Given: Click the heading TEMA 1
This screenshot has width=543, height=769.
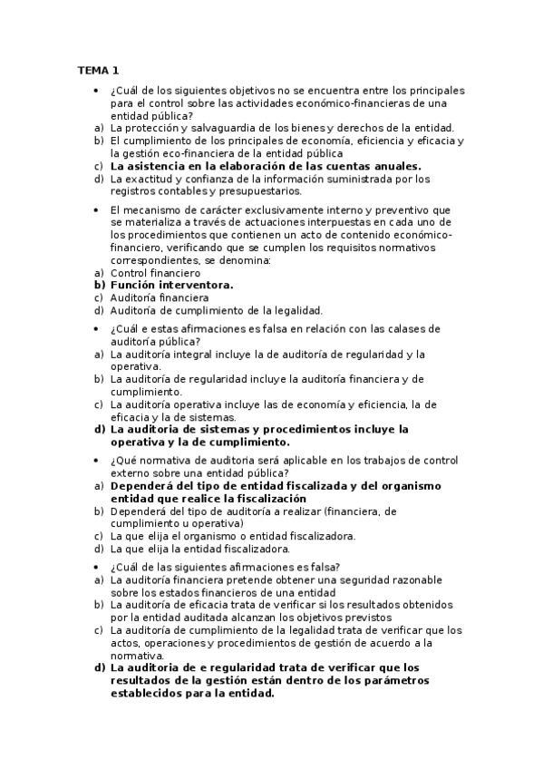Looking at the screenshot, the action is [97, 70].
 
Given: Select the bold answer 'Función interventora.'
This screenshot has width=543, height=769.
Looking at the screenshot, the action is [171, 284].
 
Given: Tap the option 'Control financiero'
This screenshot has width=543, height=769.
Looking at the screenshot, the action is [155, 272].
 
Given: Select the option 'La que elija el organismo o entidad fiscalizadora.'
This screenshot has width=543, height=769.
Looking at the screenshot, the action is [232, 536].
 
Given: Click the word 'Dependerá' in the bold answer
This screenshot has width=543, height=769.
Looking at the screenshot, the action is [144, 485].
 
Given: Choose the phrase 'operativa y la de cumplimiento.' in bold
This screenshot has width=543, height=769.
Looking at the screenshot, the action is [199, 442].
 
